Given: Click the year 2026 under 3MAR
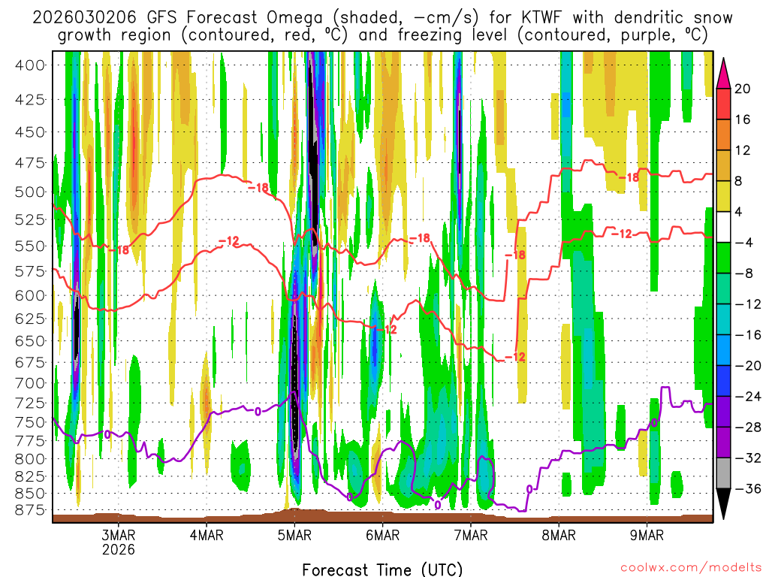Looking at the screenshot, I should [119, 549].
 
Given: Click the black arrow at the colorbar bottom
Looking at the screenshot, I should [724, 504].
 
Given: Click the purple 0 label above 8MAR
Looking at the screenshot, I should [530, 489].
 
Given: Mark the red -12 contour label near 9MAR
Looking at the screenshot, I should [621, 234].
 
